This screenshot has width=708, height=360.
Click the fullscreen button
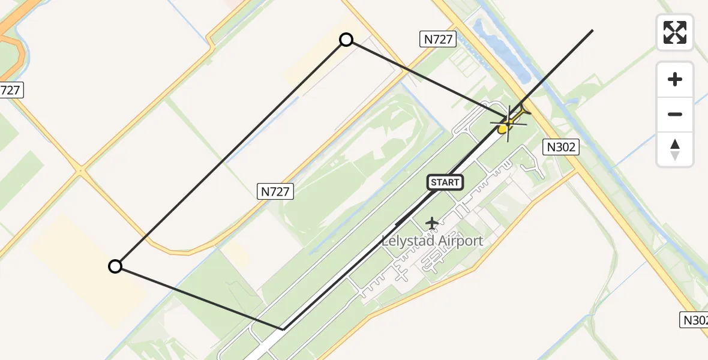675,32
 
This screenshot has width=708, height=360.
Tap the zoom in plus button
675,80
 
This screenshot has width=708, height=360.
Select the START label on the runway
445,182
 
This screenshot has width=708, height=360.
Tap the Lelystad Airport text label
432,241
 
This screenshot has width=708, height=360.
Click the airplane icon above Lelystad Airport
431,223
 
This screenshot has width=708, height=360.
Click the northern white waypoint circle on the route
346,40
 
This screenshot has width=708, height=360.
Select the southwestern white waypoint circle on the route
115,266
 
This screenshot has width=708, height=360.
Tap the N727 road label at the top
438,40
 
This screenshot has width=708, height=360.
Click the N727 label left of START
276,192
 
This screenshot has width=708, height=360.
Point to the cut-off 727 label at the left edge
10,91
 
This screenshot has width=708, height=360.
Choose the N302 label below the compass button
560,147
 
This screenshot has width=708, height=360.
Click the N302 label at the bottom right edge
694,320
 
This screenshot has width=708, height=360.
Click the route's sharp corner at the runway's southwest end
283,329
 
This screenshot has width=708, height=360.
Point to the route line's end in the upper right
592,30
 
